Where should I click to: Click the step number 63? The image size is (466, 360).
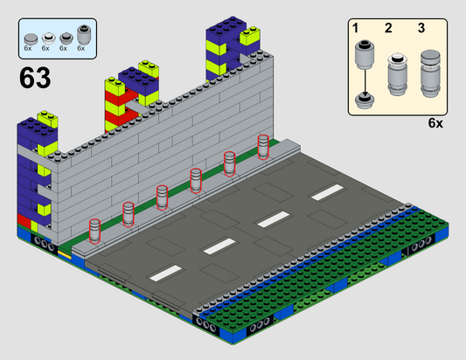(x=35, y=78)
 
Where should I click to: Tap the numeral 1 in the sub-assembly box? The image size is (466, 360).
(x=356, y=28)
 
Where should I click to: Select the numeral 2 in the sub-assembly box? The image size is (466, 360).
(x=388, y=28)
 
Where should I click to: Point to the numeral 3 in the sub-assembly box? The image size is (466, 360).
(x=421, y=28)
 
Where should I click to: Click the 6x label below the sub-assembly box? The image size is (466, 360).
(x=435, y=123)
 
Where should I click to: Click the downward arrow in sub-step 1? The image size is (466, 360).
(x=365, y=81)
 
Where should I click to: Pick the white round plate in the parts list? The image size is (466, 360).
(x=49, y=38)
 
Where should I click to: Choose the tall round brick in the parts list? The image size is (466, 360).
(x=84, y=34)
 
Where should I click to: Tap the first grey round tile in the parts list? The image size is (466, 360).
(x=31, y=38)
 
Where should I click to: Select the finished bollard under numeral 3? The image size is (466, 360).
(x=430, y=73)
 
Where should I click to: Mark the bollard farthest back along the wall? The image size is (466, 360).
(x=263, y=147)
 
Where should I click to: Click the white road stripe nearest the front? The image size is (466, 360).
(x=165, y=273)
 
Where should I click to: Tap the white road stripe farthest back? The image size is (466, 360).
(x=328, y=192)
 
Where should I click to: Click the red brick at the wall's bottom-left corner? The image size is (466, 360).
(x=24, y=221)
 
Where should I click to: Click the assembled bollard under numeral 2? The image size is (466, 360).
(x=397, y=74)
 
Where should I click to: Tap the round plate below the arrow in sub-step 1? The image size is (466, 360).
(x=365, y=101)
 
